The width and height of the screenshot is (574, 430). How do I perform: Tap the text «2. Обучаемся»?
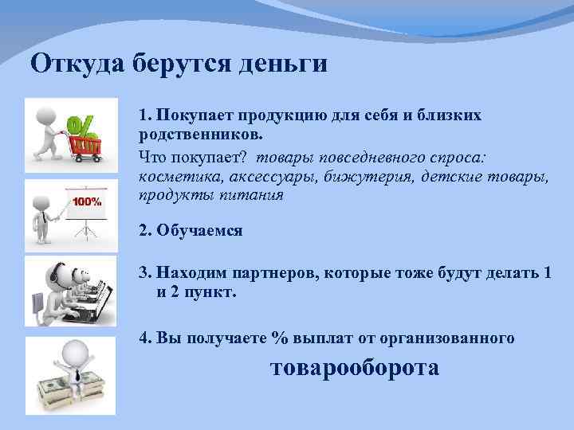(191, 232)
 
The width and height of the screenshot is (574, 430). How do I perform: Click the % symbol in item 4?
(278, 338)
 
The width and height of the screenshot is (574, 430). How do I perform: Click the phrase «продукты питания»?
(210, 195)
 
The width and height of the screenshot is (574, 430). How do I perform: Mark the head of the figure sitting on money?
(73, 350)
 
